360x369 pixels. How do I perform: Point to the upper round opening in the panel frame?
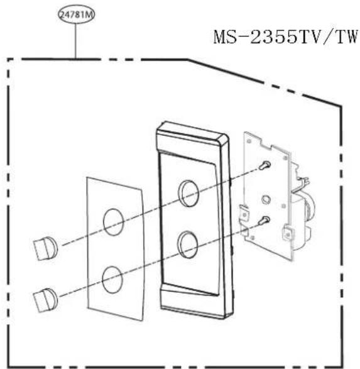[x=189, y=193]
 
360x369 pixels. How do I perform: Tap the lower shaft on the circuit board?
[x=266, y=220]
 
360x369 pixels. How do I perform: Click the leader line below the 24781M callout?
[x=75, y=41]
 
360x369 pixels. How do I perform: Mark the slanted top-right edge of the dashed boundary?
[x=264, y=81]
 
